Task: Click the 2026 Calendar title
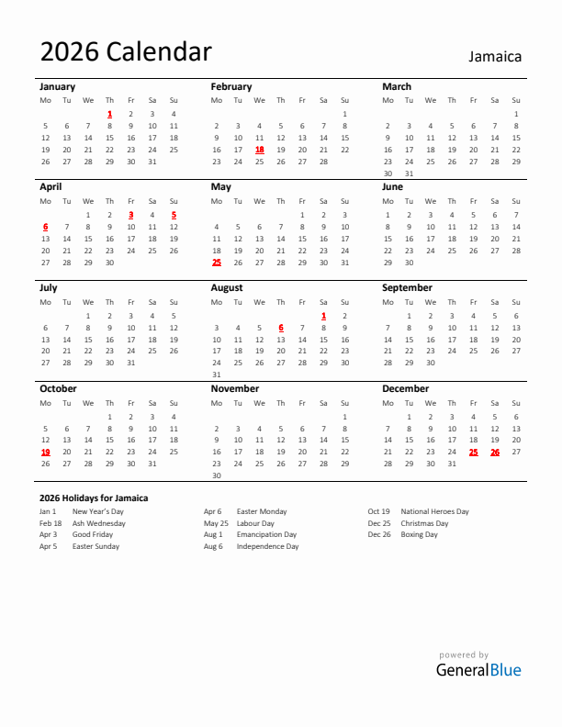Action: coord(126,52)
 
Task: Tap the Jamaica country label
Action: coord(495,56)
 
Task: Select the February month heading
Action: coord(230,86)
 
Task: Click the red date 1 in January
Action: coord(109,114)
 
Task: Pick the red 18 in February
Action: coord(259,150)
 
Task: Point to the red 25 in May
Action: coord(217,263)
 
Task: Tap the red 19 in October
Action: coord(45,452)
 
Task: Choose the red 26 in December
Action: coord(494,452)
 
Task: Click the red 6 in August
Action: coord(281,328)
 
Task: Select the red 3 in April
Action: coord(130,215)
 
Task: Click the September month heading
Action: coord(407,287)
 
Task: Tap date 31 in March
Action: coord(409,173)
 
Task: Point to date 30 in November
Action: coord(217,475)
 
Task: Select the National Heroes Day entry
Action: coord(434,511)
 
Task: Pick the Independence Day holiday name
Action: coord(267,546)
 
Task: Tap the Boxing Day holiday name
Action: coord(419,534)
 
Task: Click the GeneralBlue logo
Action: coord(478,669)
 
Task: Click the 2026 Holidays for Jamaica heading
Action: coord(94,498)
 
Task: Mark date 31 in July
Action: coord(130,363)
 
